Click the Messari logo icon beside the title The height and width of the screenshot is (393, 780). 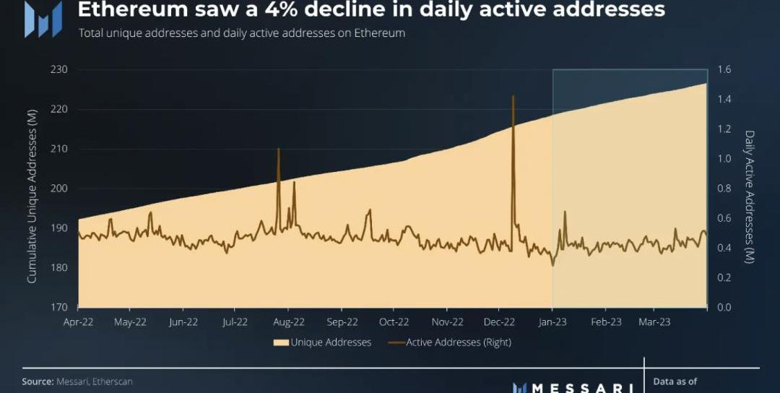coord(43,19)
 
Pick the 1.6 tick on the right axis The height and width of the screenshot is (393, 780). coord(724,69)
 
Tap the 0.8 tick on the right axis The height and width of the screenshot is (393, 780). coord(724,189)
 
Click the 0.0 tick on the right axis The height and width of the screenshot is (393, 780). coord(724,308)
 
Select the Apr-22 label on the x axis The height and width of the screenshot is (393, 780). coord(79,322)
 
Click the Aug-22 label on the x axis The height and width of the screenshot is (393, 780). coord(289,322)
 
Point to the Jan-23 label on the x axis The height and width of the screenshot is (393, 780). coord(552,322)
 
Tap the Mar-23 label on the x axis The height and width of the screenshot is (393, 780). coord(654,322)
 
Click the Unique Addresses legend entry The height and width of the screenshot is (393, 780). coord(322,342)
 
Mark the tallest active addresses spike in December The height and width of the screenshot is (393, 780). coord(513,97)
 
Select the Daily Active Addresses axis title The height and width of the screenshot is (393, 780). coord(749,196)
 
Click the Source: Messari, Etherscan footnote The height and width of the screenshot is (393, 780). coord(77,381)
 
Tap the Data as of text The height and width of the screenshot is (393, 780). coord(675,381)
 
